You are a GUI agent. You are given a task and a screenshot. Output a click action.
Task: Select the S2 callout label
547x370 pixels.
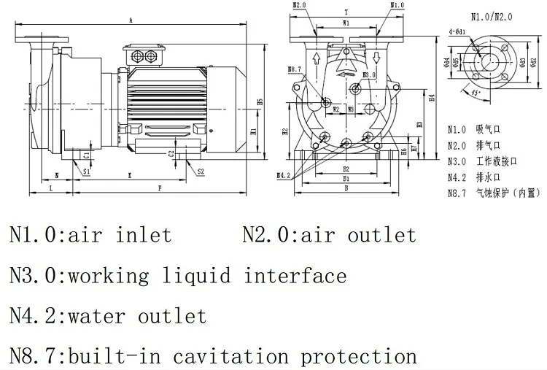(201, 171)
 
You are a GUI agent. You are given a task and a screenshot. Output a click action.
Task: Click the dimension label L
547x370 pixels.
(50, 189)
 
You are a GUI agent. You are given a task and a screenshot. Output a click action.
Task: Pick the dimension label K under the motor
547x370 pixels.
(129, 176)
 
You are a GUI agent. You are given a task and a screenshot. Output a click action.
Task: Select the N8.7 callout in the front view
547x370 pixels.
(293, 70)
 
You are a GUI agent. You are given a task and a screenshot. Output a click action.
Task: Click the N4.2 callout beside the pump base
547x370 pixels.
(284, 176)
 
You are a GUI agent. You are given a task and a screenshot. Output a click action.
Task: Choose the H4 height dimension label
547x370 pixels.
(432, 98)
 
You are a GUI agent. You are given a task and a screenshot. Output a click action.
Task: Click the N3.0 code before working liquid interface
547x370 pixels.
(34, 276)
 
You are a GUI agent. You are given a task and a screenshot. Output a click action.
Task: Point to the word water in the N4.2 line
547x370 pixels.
(98, 316)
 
